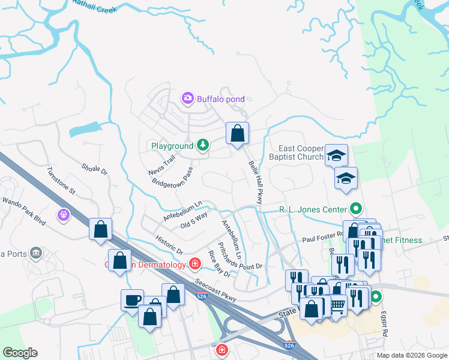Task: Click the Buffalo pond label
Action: pyautogui.click(x=220, y=97)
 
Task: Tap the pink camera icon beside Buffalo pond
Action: pyautogui.click(x=188, y=97)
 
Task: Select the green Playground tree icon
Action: pyautogui.click(x=203, y=145)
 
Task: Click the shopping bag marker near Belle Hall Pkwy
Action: pyautogui.click(x=238, y=133)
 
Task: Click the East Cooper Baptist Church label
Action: pyautogui.click(x=300, y=152)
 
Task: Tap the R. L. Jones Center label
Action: pyautogui.click(x=313, y=209)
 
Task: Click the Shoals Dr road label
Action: pyautogui.click(x=94, y=170)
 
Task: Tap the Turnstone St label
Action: pyautogui.click(x=61, y=181)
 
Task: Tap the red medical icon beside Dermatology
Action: pyautogui.click(x=194, y=263)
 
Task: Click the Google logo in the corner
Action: pyautogui.click(x=20, y=353)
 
